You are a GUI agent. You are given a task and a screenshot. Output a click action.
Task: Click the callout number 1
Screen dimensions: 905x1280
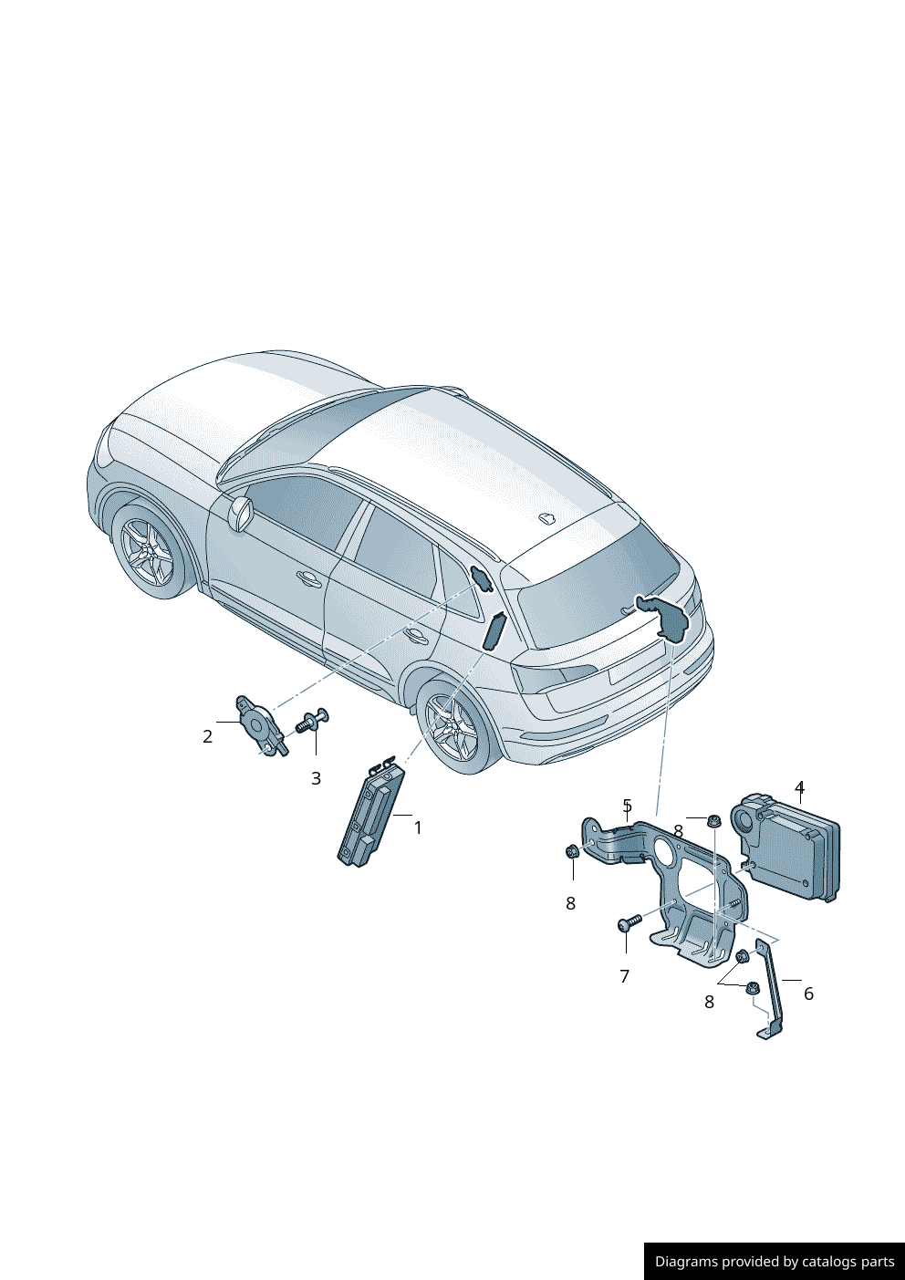418,827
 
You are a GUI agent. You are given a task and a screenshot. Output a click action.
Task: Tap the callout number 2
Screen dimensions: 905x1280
207,736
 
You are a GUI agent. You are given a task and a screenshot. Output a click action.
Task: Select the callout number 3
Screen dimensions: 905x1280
316,778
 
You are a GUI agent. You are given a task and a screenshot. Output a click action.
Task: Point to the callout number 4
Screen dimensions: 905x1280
799,786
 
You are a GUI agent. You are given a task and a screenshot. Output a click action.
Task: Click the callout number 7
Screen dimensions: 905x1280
625,976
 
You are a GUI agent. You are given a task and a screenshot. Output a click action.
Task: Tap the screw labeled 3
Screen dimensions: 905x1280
313,722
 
